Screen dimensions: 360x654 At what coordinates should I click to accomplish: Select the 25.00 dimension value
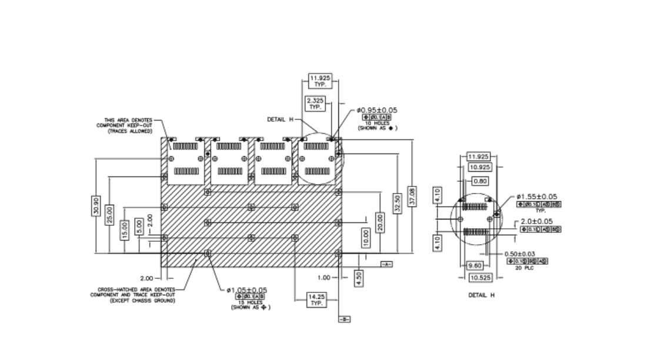click(109, 215)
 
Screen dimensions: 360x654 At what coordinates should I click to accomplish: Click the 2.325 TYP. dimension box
click(313, 105)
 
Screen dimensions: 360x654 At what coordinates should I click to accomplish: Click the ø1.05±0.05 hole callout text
click(247, 290)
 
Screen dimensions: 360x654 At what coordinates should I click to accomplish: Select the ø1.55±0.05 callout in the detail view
click(537, 197)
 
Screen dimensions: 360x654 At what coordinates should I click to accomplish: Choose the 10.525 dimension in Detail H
click(482, 277)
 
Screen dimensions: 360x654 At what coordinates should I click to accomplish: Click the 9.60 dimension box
click(474, 265)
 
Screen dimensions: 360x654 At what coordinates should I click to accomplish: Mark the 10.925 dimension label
click(481, 167)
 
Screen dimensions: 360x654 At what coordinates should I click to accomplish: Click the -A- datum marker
click(386, 264)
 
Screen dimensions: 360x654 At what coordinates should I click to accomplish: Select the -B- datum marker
click(344, 319)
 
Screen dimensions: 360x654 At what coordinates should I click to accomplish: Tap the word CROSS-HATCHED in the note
click(113, 289)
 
